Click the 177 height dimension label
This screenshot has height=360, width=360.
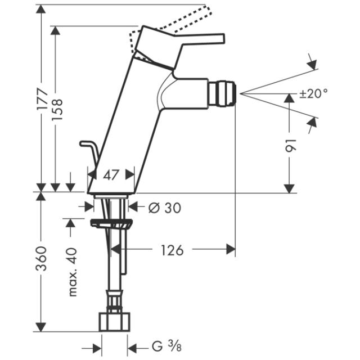[x=43, y=99]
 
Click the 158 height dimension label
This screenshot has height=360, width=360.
[x=57, y=110]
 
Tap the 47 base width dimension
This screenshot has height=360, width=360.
[x=111, y=175]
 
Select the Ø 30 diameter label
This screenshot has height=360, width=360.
[x=165, y=208]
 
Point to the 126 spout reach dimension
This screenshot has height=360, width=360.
[x=172, y=250]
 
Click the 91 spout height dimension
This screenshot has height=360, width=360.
[x=291, y=145]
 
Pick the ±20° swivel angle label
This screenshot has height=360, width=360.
[x=314, y=93]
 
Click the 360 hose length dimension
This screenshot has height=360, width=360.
[x=42, y=258]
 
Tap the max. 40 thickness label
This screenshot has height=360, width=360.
[x=73, y=272]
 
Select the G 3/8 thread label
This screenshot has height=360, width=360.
[x=166, y=346]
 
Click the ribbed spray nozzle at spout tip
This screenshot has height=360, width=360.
[x=223, y=93]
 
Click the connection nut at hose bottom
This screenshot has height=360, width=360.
[x=115, y=322]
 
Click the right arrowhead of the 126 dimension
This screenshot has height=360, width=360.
[x=231, y=249]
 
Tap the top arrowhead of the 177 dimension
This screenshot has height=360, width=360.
[x=41, y=9]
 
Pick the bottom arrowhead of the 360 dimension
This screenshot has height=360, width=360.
[x=41, y=327]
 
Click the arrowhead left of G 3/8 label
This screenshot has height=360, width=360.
[x=97, y=349]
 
